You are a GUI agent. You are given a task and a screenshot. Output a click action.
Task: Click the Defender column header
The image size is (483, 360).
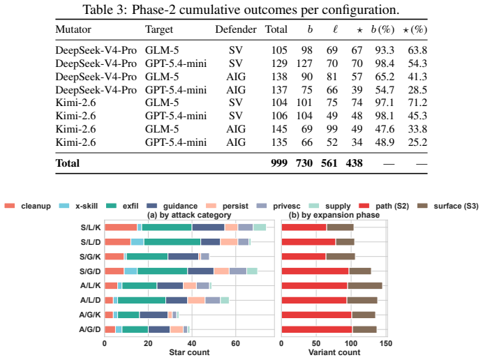pos(236,29)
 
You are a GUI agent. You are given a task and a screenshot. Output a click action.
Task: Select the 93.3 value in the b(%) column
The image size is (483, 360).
pos(385,50)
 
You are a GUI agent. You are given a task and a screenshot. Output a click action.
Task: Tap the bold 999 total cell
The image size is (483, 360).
pos(279,163)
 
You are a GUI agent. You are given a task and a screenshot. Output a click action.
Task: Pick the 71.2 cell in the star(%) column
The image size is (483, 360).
pos(417,103)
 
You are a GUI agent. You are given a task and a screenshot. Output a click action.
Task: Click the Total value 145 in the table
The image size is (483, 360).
pos(279,129)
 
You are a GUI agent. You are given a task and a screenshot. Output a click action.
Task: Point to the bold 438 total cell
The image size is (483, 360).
pos(354,163)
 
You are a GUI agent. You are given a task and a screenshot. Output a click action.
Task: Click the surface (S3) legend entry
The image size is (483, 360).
pos(447,206)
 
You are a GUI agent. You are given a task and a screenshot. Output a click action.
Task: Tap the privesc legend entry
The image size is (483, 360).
pos(278,206)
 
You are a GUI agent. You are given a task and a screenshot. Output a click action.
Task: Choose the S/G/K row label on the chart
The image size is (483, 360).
pos(90,257)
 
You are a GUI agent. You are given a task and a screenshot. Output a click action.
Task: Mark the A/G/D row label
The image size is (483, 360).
pos(89,329)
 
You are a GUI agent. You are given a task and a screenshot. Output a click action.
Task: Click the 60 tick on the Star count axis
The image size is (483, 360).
pos(236,343)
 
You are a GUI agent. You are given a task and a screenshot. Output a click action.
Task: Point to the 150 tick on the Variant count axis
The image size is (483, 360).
pos(386,343)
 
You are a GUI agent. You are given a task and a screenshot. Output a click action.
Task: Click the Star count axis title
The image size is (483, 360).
pos(189,352)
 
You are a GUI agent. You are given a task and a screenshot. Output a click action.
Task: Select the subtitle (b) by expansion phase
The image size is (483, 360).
pos(334,215)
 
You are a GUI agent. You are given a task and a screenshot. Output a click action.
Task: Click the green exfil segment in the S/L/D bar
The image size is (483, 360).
pos(172,242)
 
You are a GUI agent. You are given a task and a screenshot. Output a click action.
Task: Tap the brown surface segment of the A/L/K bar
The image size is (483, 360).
pos(365,285)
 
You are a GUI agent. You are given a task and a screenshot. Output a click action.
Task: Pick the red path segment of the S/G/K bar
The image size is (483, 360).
pos(304,257)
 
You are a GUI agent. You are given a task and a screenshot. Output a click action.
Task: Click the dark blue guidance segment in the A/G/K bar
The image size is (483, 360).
pos(154,315)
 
